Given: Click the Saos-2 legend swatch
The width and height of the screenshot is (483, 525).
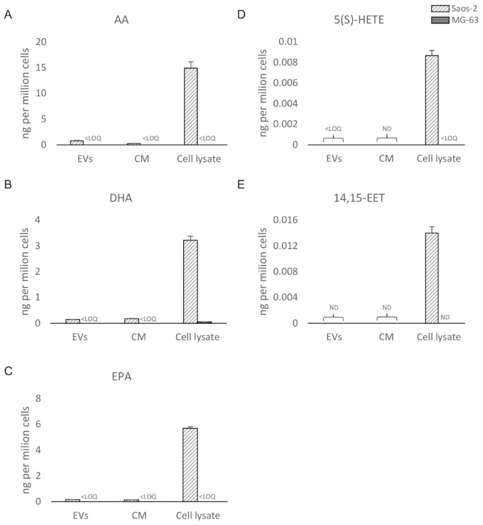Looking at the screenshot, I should click(440, 9).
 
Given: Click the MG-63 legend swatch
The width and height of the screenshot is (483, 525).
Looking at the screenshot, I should click(440, 20).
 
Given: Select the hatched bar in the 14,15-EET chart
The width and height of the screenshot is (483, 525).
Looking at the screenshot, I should click(432, 278).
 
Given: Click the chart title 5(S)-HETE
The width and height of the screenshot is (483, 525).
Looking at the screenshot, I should click(359, 20).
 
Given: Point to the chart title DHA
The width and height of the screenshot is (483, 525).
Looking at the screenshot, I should click(121, 198).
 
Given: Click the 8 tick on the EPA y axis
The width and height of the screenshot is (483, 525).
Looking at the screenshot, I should click(38, 398).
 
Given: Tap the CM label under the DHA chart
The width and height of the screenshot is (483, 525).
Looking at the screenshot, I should click(138, 337).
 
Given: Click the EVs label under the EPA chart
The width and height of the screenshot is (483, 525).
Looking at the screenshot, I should click(81, 515).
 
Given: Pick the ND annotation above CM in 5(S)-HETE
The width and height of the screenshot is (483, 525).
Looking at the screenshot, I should click(387, 129).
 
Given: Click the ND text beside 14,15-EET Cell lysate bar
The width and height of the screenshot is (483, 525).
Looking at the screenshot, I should click(445, 317).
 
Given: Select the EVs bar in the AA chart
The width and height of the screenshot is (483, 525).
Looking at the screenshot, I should click(77, 143).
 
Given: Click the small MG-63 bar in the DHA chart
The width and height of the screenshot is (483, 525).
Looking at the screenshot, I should click(204, 322).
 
